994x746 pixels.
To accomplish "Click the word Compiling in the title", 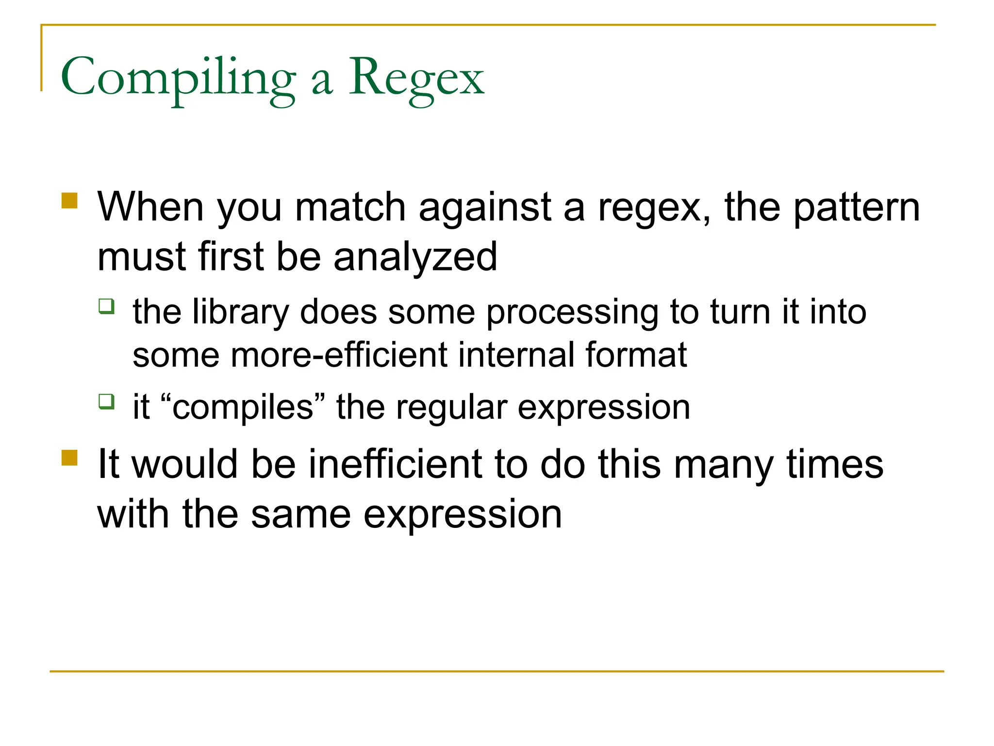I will click(178, 78).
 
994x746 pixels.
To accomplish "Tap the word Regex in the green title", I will click(416, 78).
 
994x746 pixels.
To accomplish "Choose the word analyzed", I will click(415, 257).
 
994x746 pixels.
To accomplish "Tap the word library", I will click(241, 312).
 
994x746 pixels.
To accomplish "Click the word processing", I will click(572, 313).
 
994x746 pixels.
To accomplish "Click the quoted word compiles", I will click(243, 407).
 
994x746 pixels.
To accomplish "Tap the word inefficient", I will click(395, 464).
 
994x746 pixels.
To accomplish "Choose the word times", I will click(835, 464).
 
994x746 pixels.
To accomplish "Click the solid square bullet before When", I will click(70, 201).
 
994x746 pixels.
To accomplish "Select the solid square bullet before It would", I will click(70, 458).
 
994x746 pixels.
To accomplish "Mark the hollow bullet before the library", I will click(106, 306).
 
